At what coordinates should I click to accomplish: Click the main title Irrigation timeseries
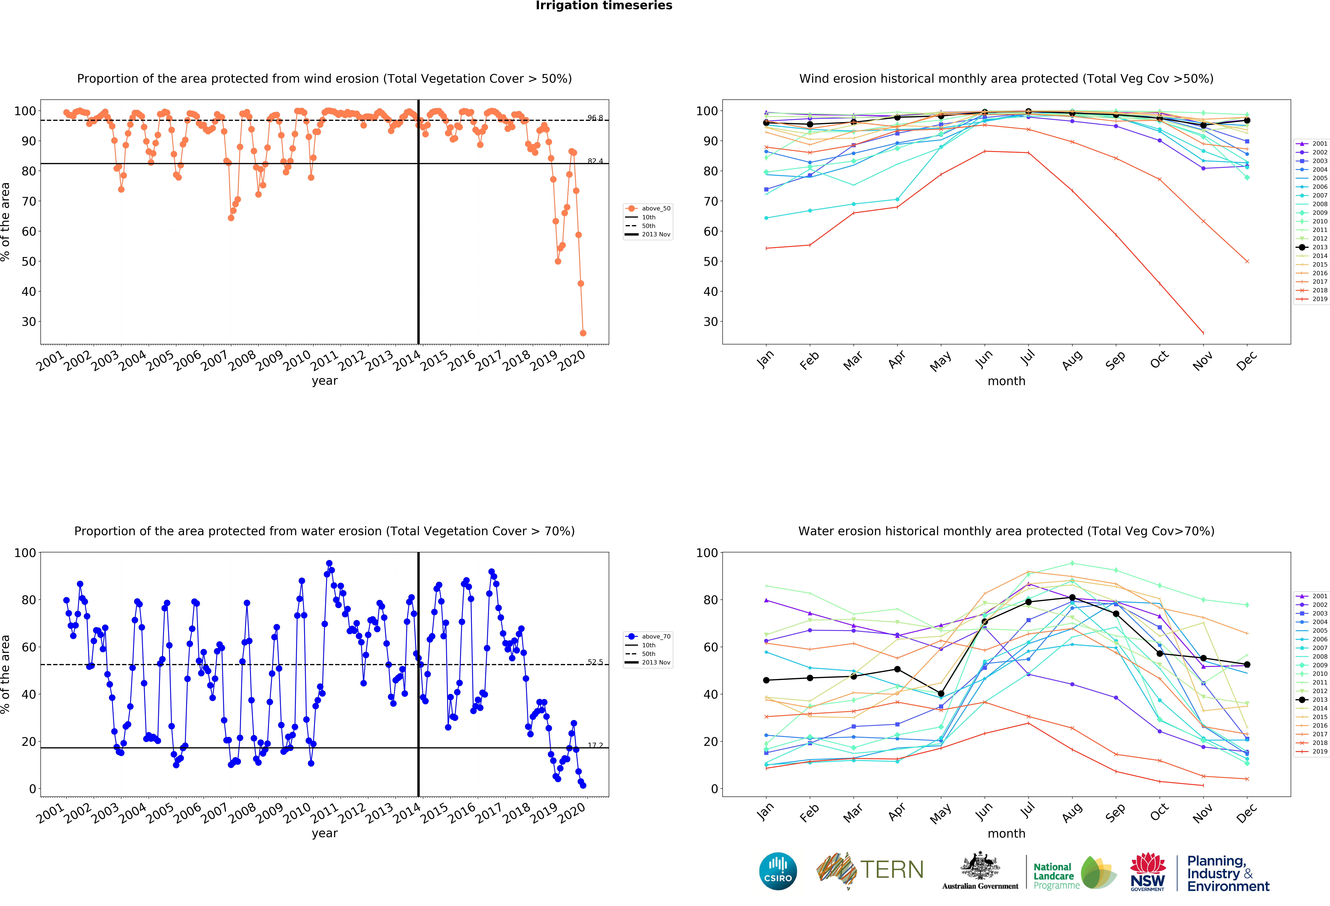coord(604,6)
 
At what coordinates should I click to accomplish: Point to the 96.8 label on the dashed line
coord(595,118)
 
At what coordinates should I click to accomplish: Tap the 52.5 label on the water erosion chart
coord(595,662)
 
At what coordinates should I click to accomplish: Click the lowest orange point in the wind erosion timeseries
coord(583,333)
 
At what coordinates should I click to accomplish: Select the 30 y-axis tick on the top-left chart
coord(29,321)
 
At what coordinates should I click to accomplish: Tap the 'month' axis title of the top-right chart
coord(1006,381)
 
